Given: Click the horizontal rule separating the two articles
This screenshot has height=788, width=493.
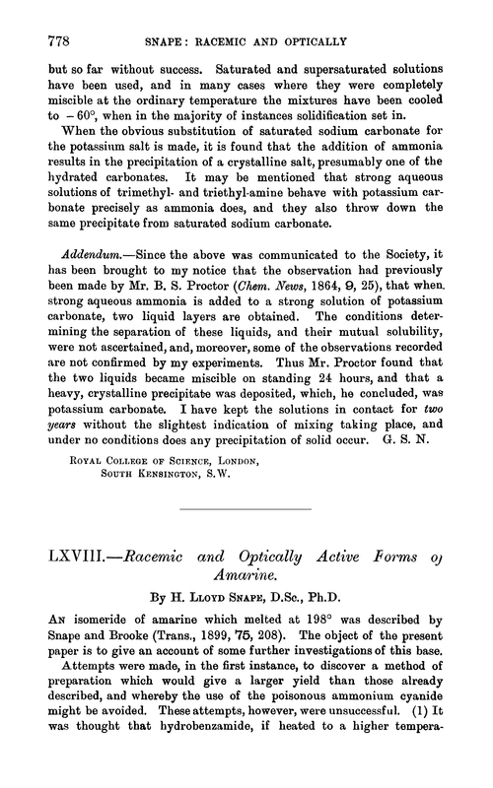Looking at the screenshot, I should point(246,591).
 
